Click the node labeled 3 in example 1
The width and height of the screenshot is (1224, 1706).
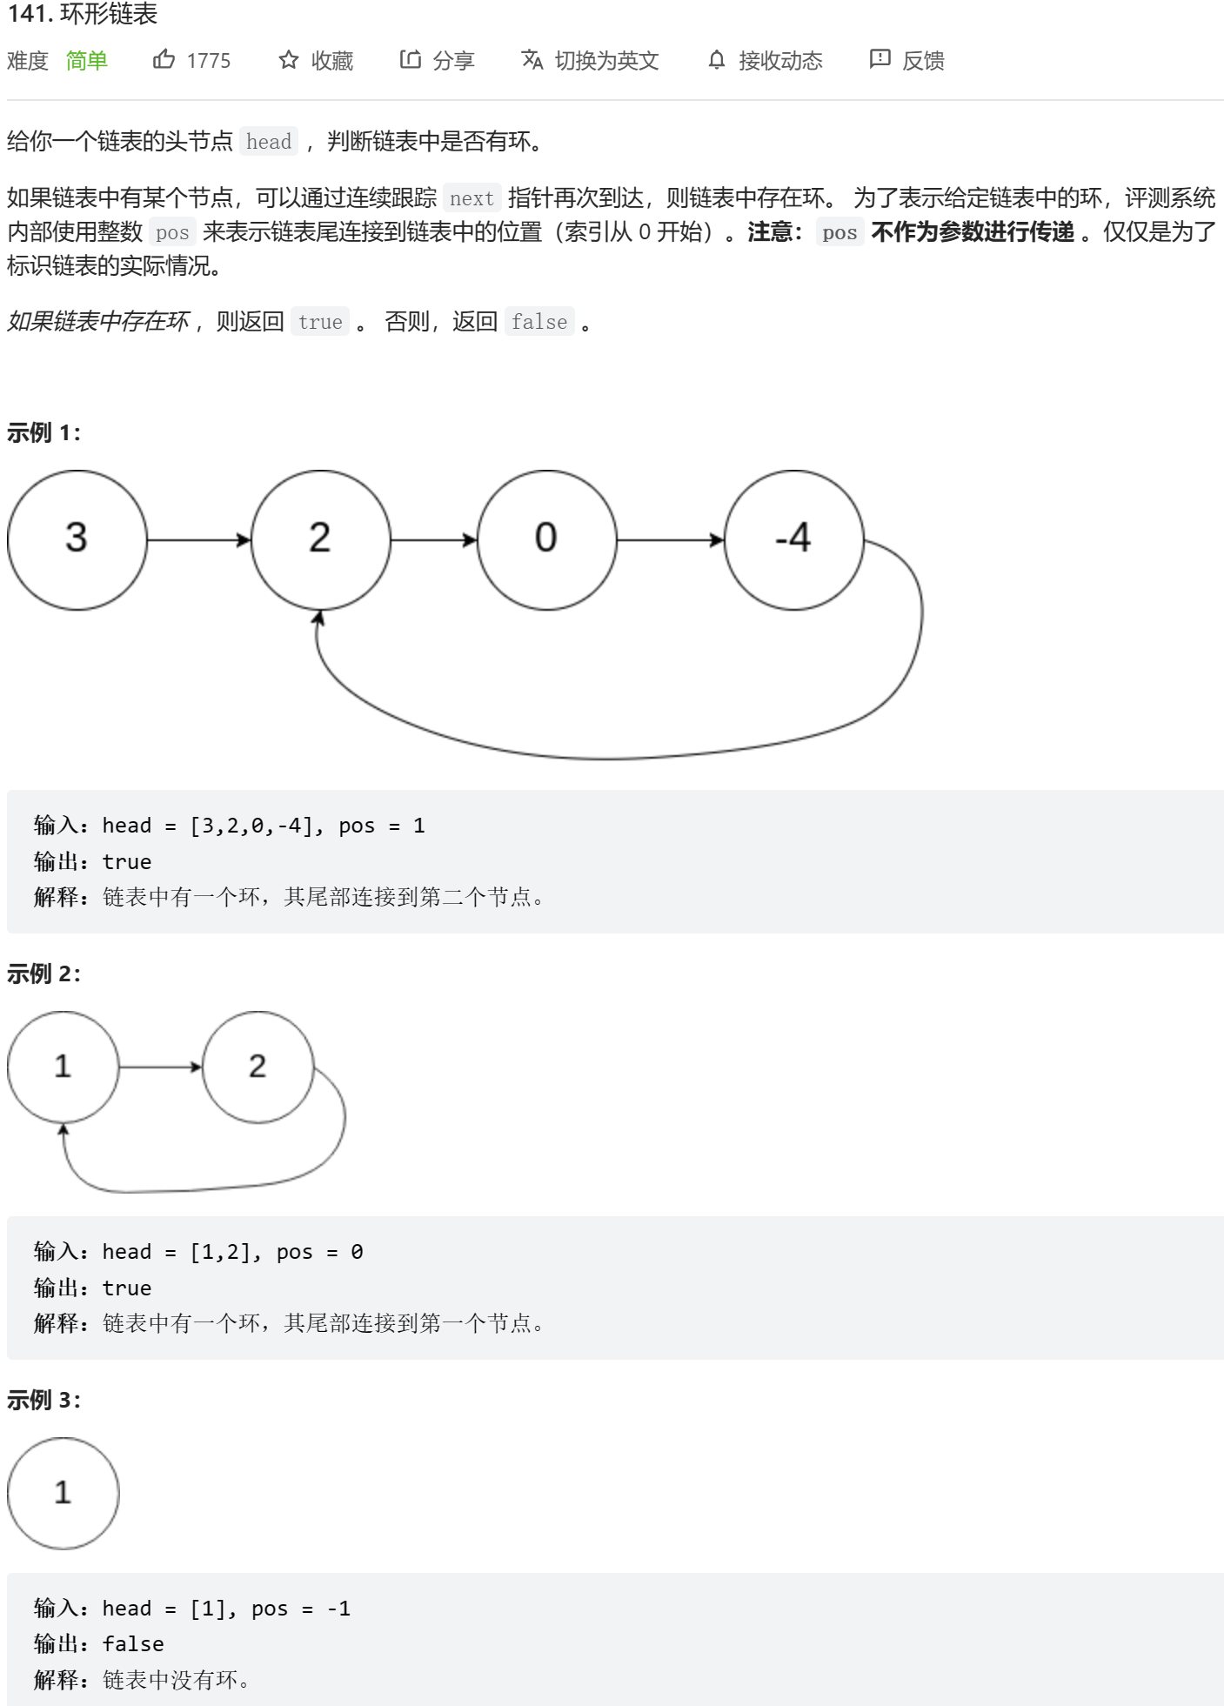pos(77,539)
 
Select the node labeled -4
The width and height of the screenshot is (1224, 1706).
pos(793,539)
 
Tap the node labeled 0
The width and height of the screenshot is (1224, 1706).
pos(546,539)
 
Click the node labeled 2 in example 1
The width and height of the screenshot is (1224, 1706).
pos(320,539)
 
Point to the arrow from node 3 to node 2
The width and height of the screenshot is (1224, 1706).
pos(198,540)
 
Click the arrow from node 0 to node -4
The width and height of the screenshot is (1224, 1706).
pos(670,540)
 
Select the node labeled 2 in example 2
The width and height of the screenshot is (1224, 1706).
pos(258,1067)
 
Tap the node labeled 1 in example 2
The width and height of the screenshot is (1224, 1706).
pos(63,1067)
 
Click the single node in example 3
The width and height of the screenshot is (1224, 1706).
pos(63,1493)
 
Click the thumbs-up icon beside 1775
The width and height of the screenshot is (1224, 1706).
pos(164,59)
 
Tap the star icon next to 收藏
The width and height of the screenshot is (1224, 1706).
pos(289,59)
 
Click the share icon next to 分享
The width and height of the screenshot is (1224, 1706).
pos(410,59)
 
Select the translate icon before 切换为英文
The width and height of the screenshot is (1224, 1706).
pos(532,59)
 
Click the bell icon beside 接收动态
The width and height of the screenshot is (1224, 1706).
pos(716,59)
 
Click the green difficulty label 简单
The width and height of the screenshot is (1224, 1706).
pos(86,60)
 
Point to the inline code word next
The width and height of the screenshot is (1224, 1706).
pos(472,198)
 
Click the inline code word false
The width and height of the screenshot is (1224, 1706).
pos(539,322)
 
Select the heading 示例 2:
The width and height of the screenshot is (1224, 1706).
pos(43,973)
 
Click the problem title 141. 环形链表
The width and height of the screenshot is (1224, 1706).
pos(83,15)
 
